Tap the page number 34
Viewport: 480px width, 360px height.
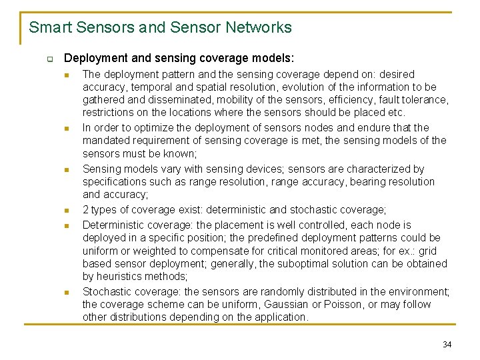(x=447, y=344)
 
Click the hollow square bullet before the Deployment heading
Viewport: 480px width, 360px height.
(x=49, y=59)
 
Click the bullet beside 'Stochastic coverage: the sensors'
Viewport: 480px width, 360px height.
(x=67, y=292)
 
